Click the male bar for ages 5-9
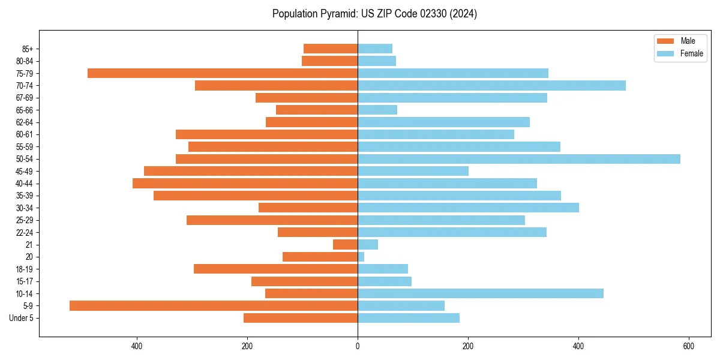tap(214, 305)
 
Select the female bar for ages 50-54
tap(519, 159)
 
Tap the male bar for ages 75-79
tap(223, 73)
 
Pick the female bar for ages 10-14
tap(481, 293)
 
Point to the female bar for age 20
tap(361, 257)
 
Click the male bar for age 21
tap(346, 245)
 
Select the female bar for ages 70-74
tap(491, 86)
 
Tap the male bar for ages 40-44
tap(245, 184)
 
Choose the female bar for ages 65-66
tap(377, 110)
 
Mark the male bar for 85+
tap(331, 49)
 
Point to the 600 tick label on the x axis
tap(689, 346)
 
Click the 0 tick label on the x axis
tap(358, 346)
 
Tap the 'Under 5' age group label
tap(21, 318)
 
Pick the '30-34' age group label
tap(25, 208)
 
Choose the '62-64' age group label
tap(25, 122)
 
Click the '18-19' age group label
tap(25, 269)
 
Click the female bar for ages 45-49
tap(413, 171)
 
